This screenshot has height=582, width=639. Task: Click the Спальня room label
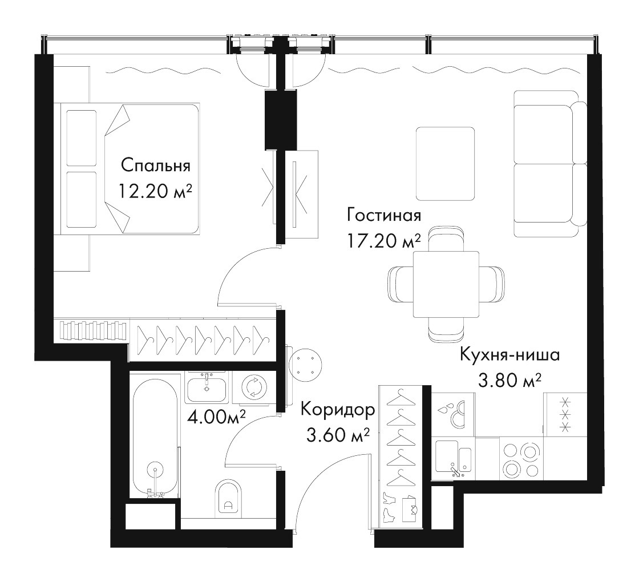[x=156, y=166]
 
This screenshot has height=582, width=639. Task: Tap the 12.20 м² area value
[x=155, y=191]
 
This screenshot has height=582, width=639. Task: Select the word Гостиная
[x=383, y=215]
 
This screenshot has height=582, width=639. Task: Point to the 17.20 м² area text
[x=383, y=240]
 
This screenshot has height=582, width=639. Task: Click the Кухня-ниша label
[x=510, y=355]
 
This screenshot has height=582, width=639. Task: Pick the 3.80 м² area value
[x=509, y=381]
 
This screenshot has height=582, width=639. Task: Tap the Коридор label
[x=338, y=410]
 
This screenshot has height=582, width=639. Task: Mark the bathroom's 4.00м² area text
[x=216, y=417]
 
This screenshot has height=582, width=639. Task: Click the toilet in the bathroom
[x=228, y=496]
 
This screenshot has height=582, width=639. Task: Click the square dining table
[x=446, y=284]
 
